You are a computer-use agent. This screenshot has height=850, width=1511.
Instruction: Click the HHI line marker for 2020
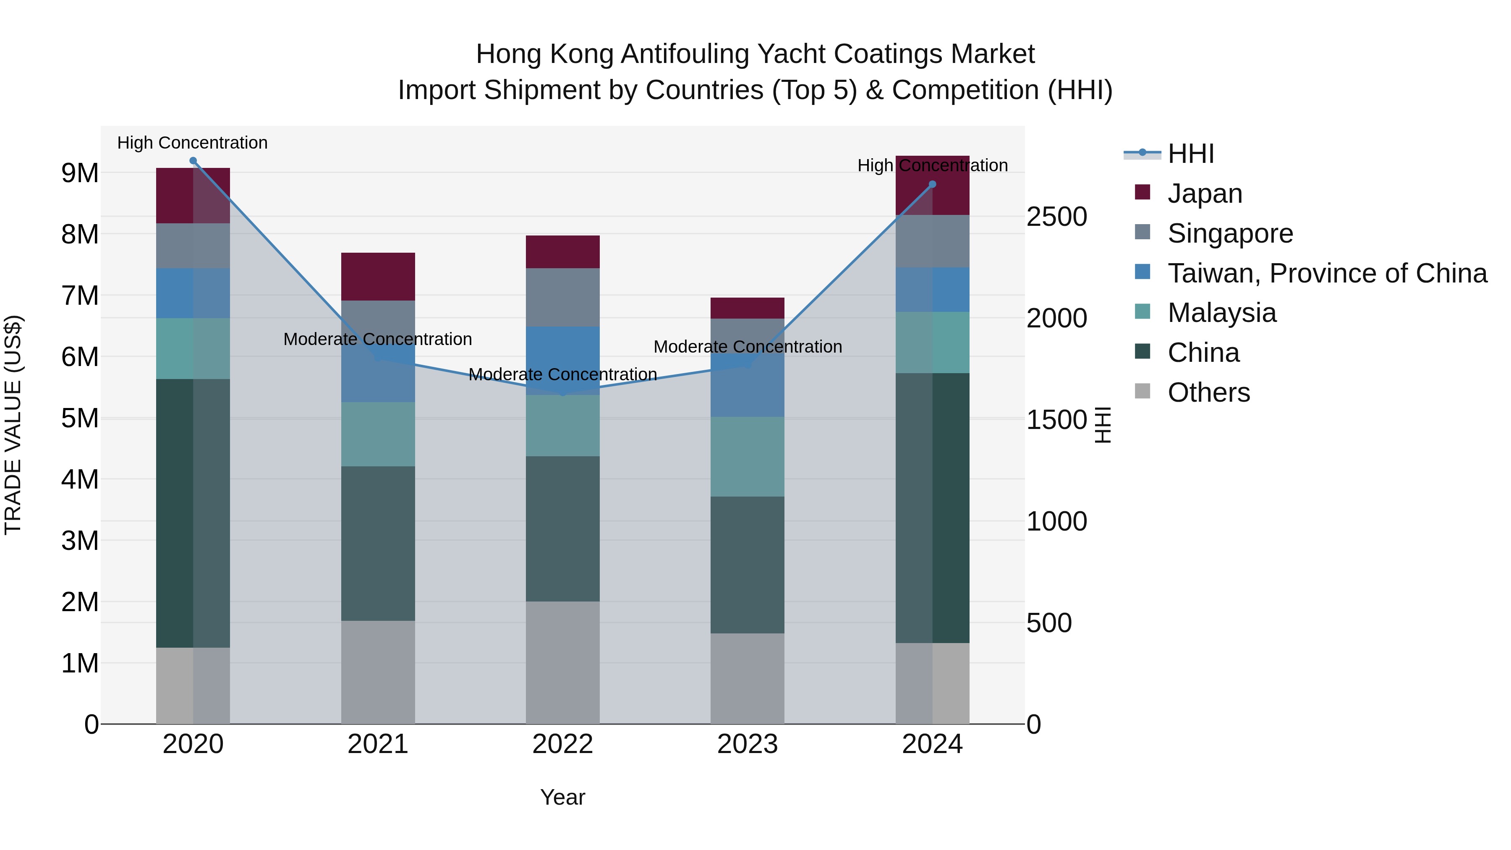pos(193,161)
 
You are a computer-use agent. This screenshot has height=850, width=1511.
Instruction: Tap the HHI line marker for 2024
pos(932,184)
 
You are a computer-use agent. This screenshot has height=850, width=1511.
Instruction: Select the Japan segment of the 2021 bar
pos(378,276)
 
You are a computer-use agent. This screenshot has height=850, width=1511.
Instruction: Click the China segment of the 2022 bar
pos(562,528)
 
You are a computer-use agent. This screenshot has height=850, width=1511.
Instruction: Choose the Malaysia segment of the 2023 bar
pos(747,456)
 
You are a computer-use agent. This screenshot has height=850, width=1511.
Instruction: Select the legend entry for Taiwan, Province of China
pos(1327,273)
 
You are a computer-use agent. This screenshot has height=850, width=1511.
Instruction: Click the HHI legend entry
pos(1190,154)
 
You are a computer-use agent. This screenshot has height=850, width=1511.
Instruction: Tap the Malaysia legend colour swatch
pos(1142,311)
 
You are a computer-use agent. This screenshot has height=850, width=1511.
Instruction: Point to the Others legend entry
pos(1208,392)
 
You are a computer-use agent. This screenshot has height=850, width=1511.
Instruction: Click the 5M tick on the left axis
pos(80,418)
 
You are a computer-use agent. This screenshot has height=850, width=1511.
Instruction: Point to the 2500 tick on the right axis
pos(1056,217)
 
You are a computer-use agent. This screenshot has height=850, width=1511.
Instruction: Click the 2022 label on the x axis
pos(562,744)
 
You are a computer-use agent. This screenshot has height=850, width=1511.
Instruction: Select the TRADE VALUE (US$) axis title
pos(13,425)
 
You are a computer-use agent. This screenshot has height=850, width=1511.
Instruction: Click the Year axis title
pos(562,797)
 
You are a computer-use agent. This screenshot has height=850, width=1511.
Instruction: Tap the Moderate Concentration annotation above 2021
pos(378,339)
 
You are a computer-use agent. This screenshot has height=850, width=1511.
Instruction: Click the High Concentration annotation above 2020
pos(192,143)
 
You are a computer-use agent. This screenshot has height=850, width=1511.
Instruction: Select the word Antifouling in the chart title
pos(684,54)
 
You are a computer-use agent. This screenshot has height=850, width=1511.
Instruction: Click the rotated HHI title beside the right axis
pos(1102,425)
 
